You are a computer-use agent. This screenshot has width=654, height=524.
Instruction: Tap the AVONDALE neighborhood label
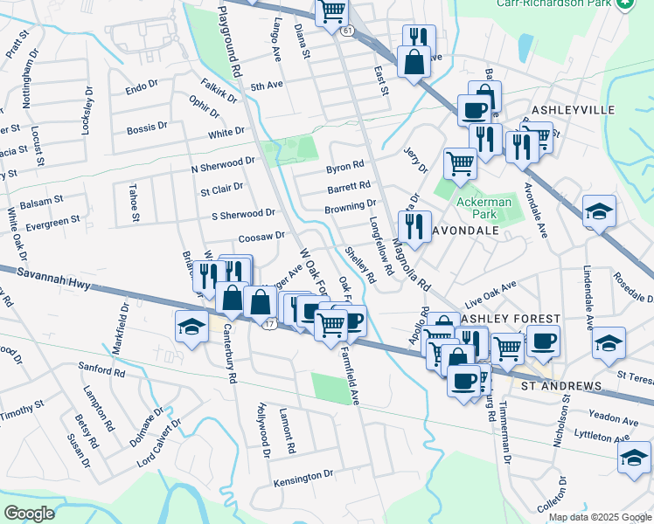(464, 231)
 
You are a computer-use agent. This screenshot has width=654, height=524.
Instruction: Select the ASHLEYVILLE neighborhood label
(574, 110)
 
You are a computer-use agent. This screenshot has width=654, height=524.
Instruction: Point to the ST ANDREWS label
(561, 386)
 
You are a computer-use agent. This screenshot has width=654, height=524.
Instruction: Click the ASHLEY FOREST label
(503, 319)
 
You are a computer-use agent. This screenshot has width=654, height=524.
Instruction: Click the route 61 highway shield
(347, 31)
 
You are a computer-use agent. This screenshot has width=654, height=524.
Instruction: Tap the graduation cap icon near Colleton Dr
(634, 458)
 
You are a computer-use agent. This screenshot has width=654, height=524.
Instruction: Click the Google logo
(30, 514)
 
